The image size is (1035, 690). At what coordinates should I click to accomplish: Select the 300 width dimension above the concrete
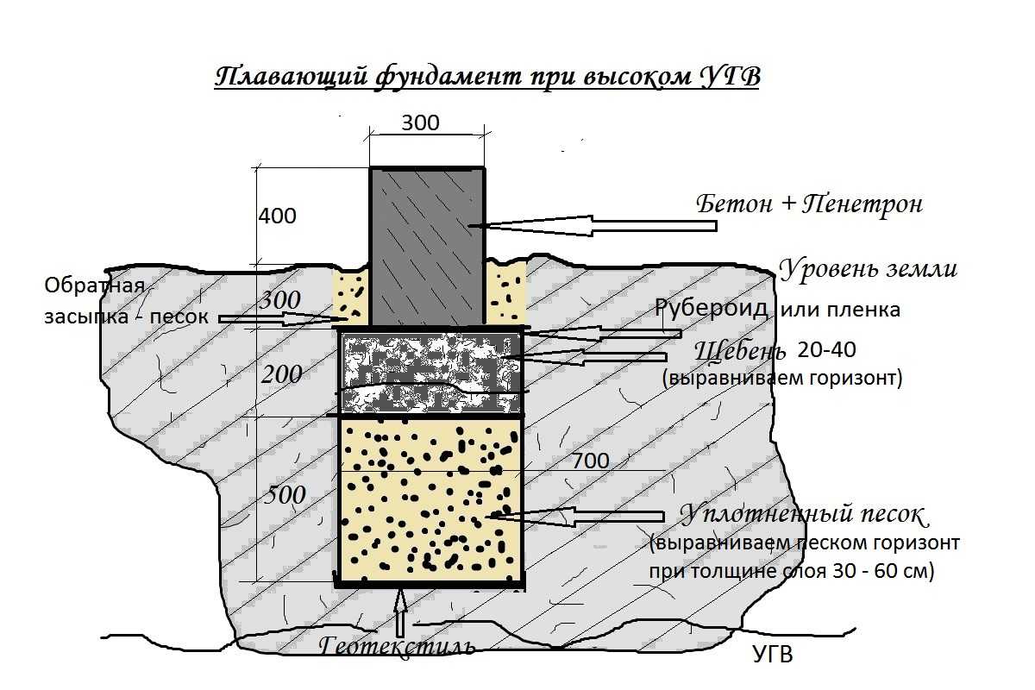420,123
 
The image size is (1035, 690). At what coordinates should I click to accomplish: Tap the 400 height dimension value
277,216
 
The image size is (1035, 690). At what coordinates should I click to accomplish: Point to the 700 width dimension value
590,461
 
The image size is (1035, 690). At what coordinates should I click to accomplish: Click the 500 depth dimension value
285,495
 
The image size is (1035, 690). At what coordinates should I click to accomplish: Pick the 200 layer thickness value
282,374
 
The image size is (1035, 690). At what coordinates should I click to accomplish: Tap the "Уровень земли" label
868,268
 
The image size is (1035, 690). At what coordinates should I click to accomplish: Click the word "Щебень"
740,351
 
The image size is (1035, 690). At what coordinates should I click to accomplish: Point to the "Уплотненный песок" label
802,515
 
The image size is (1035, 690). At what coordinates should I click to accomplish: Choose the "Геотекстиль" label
397,645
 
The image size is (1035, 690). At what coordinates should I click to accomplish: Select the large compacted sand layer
430,500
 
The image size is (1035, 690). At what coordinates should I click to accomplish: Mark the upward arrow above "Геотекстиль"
400,612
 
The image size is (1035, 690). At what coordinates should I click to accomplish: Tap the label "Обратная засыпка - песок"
126,300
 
